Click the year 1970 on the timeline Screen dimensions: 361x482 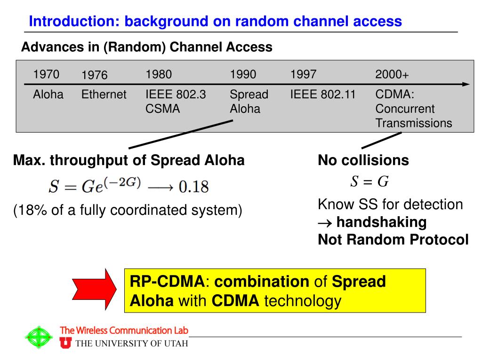(x=46, y=74)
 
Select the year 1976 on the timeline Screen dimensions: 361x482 (x=94, y=75)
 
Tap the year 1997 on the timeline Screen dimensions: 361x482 (x=304, y=74)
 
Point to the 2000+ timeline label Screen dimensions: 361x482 (x=392, y=75)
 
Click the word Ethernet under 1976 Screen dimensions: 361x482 (x=104, y=94)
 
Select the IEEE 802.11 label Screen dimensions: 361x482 (x=323, y=94)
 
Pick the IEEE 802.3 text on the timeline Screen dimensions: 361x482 (x=176, y=94)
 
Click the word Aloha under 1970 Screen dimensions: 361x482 (x=48, y=94)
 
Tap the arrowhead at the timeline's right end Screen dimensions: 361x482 (x=466, y=85)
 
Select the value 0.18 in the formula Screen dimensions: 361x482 (x=193, y=187)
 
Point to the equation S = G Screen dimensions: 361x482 (x=370, y=181)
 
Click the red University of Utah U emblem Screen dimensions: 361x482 (x=66, y=344)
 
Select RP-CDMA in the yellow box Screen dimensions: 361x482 (x=167, y=282)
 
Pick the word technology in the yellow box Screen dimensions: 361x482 (x=302, y=301)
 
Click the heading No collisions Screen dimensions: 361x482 (x=363, y=160)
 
